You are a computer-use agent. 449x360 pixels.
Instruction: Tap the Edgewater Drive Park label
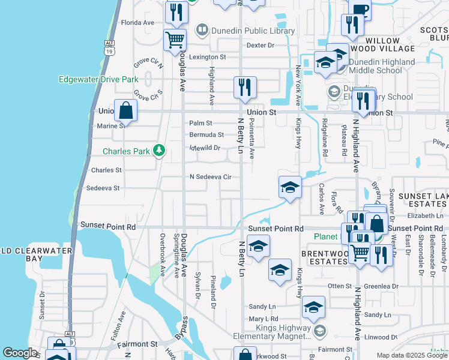click(x=98, y=79)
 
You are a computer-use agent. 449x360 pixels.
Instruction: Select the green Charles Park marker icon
click(x=158, y=150)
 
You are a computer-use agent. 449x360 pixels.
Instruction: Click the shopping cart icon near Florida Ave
click(x=175, y=40)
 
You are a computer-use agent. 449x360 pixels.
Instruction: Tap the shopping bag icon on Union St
click(x=125, y=110)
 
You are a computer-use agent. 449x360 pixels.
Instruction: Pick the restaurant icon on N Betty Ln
click(x=245, y=87)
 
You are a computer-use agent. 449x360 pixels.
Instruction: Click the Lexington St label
click(x=207, y=57)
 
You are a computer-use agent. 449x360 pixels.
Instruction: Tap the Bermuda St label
click(x=206, y=135)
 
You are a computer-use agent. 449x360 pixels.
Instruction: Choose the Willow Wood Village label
click(x=390, y=44)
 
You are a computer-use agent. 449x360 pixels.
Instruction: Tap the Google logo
click(x=20, y=353)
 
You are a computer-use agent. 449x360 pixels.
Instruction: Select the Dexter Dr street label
click(x=260, y=45)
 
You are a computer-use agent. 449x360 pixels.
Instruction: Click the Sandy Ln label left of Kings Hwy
click(x=262, y=306)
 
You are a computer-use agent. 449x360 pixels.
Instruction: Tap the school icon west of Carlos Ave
click(x=290, y=187)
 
